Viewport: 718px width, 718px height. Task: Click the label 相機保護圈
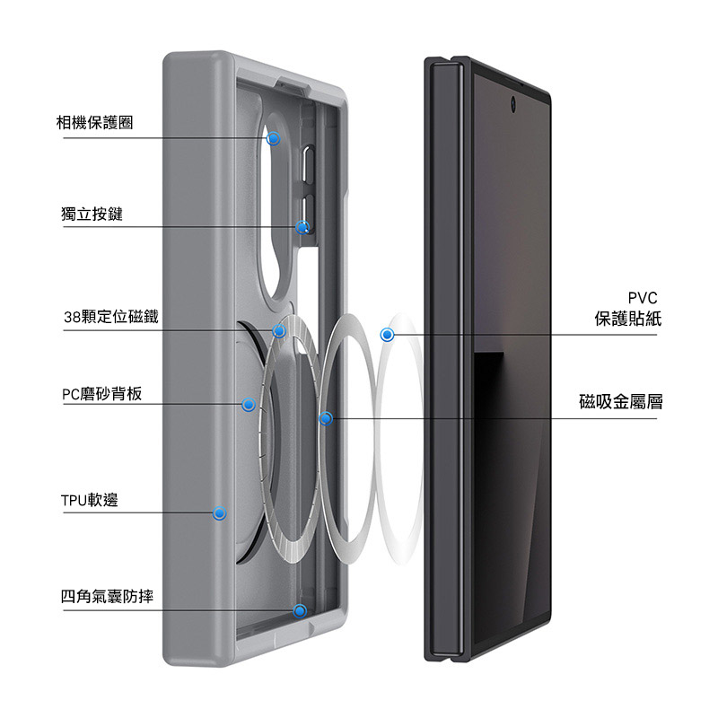pyautogui.click(x=95, y=122)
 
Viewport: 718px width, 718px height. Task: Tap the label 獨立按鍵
pyautogui.click(x=92, y=214)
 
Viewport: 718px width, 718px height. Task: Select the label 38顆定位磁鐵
pyautogui.click(x=111, y=317)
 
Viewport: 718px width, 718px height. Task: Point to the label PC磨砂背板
pyautogui.click(x=102, y=394)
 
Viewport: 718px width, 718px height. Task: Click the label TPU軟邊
pyautogui.click(x=90, y=500)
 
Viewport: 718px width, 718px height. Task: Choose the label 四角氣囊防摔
pyautogui.click(x=107, y=596)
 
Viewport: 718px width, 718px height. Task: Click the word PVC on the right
pyautogui.click(x=643, y=298)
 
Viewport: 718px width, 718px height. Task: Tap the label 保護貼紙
pyautogui.click(x=627, y=319)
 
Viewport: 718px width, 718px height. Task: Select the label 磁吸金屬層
pyautogui.click(x=621, y=401)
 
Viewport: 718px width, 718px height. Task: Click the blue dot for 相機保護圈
pyautogui.click(x=274, y=138)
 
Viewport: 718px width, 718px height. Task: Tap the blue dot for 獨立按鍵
pyautogui.click(x=302, y=227)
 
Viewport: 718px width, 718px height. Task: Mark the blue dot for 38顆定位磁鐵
pyautogui.click(x=279, y=330)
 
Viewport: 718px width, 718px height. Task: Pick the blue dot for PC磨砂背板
pyautogui.click(x=249, y=405)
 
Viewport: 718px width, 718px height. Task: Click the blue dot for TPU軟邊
pyautogui.click(x=219, y=513)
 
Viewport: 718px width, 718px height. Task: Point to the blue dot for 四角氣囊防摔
pyautogui.click(x=300, y=610)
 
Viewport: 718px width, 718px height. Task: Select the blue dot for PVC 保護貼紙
pyautogui.click(x=388, y=335)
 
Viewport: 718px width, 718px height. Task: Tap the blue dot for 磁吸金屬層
pyautogui.click(x=326, y=418)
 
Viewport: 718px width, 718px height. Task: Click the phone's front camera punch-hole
pyautogui.click(x=512, y=104)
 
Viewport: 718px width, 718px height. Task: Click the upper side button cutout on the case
pyautogui.click(x=308, y=165)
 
